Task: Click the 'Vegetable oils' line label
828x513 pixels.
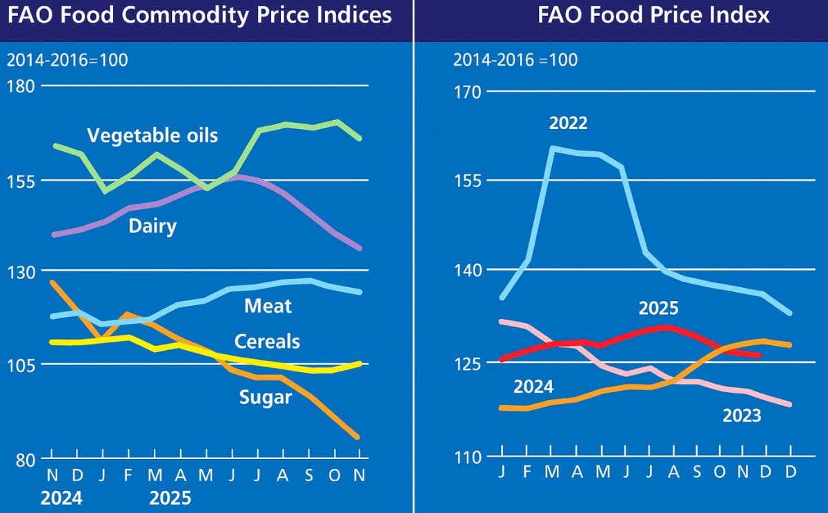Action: [x=152, y=135]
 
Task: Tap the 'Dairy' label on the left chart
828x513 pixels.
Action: [x=152, y=226]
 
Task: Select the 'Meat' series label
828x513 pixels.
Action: [x=268, y=305]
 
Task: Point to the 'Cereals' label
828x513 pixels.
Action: [x=267, y=341]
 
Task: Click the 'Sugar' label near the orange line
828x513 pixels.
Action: [x=266, y=397]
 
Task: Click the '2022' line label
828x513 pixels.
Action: [x=568, y=124]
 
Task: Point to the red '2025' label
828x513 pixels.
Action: [x=658, y=308]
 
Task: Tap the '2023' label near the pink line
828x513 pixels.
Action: [x=742, y=415]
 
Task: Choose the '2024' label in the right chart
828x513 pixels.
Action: [x=533, y=387]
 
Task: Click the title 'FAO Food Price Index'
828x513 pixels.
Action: [x=653, y=15]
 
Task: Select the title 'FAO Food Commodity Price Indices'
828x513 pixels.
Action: [x=199, y=15]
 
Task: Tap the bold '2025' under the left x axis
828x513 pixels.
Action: [x=170, y=498]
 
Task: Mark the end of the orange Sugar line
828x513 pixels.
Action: [x=357, y=436]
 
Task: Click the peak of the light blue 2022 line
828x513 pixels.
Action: [x=553, y=148]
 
